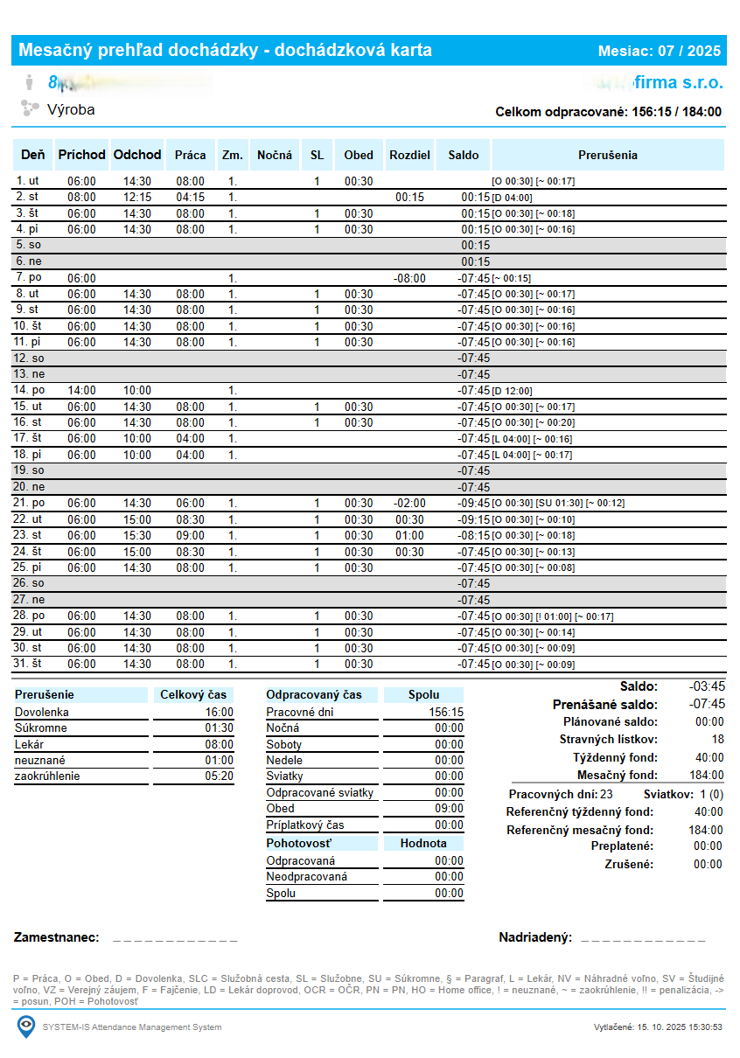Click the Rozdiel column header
[x=409, y=156]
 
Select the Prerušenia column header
[x=608, y=156]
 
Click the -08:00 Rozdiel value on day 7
[x=409, y=278]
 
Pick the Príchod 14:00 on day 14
[x=81, y=391]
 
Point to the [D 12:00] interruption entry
[x=513, y=391]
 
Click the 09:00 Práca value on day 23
[x=190, y=535]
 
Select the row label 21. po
[x=30, y=504]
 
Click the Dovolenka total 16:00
[x=219, y=713]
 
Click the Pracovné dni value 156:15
[x=446, y=713]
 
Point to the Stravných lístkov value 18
[x=717, y=740]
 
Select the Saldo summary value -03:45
[x=707, y=686]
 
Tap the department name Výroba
[x=71, y=110]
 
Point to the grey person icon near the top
[x=29, y=83]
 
